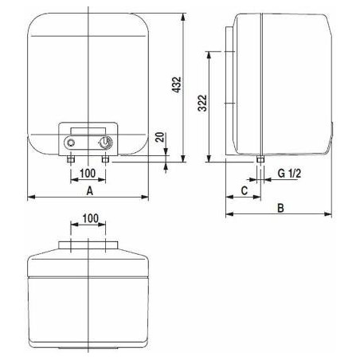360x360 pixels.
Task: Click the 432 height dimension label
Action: [176, 84]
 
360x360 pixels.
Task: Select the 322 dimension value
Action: [202, 103]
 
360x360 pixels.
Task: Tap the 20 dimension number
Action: [160, 137]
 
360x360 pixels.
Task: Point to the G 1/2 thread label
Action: [289, 174]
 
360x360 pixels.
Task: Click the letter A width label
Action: [90, 190]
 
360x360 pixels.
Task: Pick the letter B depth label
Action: [280, 208]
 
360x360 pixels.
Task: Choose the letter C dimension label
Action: [244, 190]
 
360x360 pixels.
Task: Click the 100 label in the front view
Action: [88, 174]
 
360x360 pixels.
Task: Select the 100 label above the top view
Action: [91, 218]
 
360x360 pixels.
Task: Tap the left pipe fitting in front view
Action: [71, 159]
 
